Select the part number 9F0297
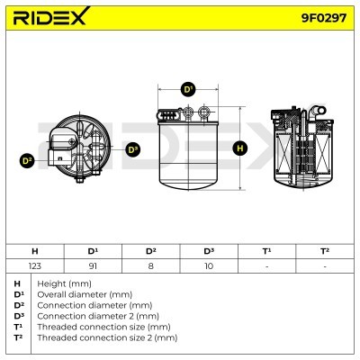(x=324, y=18)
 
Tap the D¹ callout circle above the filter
(x=188, y=89)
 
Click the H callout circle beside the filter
(x=239, y=148)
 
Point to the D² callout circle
(x=27, y=160)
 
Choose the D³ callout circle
(x=133, y=149)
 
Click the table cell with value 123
(x=35, y=265)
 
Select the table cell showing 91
(x=93, y=265)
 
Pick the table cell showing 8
(x=150, y=265)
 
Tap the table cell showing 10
(x=209, y=265)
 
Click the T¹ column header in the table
(x=266, y=251)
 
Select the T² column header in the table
(x=325, y=251)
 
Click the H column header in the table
(x=35, y=251)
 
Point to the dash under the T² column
(x=325, y=266)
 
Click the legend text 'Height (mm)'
(x=64, y=283)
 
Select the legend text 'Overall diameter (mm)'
(x=85, y=294)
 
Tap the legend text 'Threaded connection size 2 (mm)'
(x=107, y=337)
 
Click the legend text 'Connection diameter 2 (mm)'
(x=98, y=316)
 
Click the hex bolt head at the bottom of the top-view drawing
(x=79, y=180)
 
